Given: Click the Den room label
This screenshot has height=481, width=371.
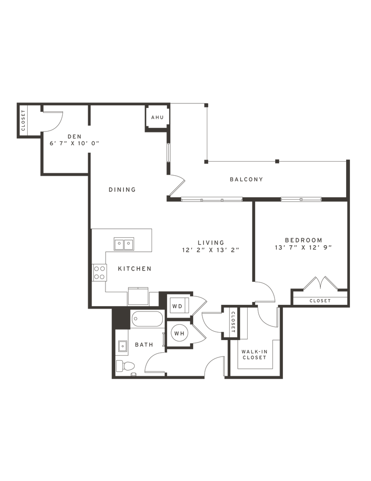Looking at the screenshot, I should (72, 136).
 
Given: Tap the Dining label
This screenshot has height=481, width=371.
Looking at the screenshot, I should (122, 190).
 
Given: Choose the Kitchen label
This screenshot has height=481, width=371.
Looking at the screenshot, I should (134, 269).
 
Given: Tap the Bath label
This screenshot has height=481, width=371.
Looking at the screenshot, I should (144, 345).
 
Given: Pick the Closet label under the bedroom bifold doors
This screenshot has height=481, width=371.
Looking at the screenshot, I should (320, 301).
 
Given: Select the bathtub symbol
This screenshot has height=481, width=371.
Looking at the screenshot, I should (146, 319).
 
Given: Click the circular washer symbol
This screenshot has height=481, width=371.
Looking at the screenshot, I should (179, 334).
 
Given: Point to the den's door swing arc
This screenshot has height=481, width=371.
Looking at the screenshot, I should (53, 120).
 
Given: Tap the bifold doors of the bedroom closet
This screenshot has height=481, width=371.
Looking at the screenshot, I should (321, 283).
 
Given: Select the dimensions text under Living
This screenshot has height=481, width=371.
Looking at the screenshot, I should (211, 250).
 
